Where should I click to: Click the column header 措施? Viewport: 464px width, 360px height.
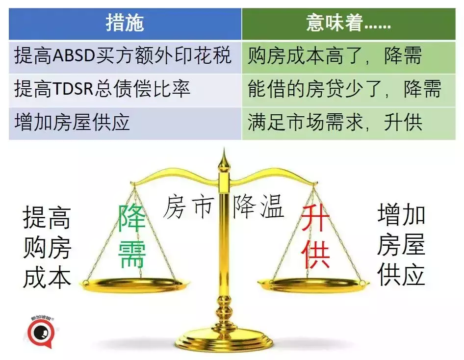(125, 24)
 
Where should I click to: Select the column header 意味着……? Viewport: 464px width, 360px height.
(348, 24)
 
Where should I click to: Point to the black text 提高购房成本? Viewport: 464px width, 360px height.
(47, 247)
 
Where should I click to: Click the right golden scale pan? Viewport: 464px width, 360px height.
(314, 283)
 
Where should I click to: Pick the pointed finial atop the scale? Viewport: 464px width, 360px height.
(225, 159)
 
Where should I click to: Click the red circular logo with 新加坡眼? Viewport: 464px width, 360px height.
(37, 334)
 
